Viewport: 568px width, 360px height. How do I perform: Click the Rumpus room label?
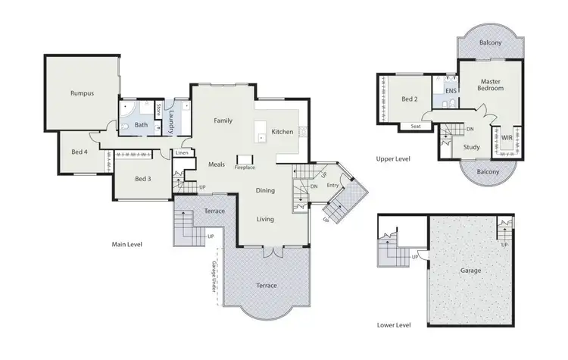(82, 94)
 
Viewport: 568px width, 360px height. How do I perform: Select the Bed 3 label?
(143, 179)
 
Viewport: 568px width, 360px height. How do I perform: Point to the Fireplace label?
(245, 166)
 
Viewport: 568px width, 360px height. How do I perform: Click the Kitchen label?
(282, 132)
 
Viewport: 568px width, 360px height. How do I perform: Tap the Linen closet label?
(182, 153)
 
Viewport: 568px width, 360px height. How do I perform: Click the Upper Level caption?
(393, 159)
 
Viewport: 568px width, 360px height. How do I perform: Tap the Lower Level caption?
(394, 324)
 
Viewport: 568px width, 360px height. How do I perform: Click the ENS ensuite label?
(451, 92)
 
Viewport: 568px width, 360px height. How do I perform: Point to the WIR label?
(507, 137)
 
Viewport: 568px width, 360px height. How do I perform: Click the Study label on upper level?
(472, 147)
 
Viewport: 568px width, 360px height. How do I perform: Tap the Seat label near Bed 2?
(416, 127)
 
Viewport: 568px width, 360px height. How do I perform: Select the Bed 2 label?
(409, 99)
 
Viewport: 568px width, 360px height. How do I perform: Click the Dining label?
(265, 191)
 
